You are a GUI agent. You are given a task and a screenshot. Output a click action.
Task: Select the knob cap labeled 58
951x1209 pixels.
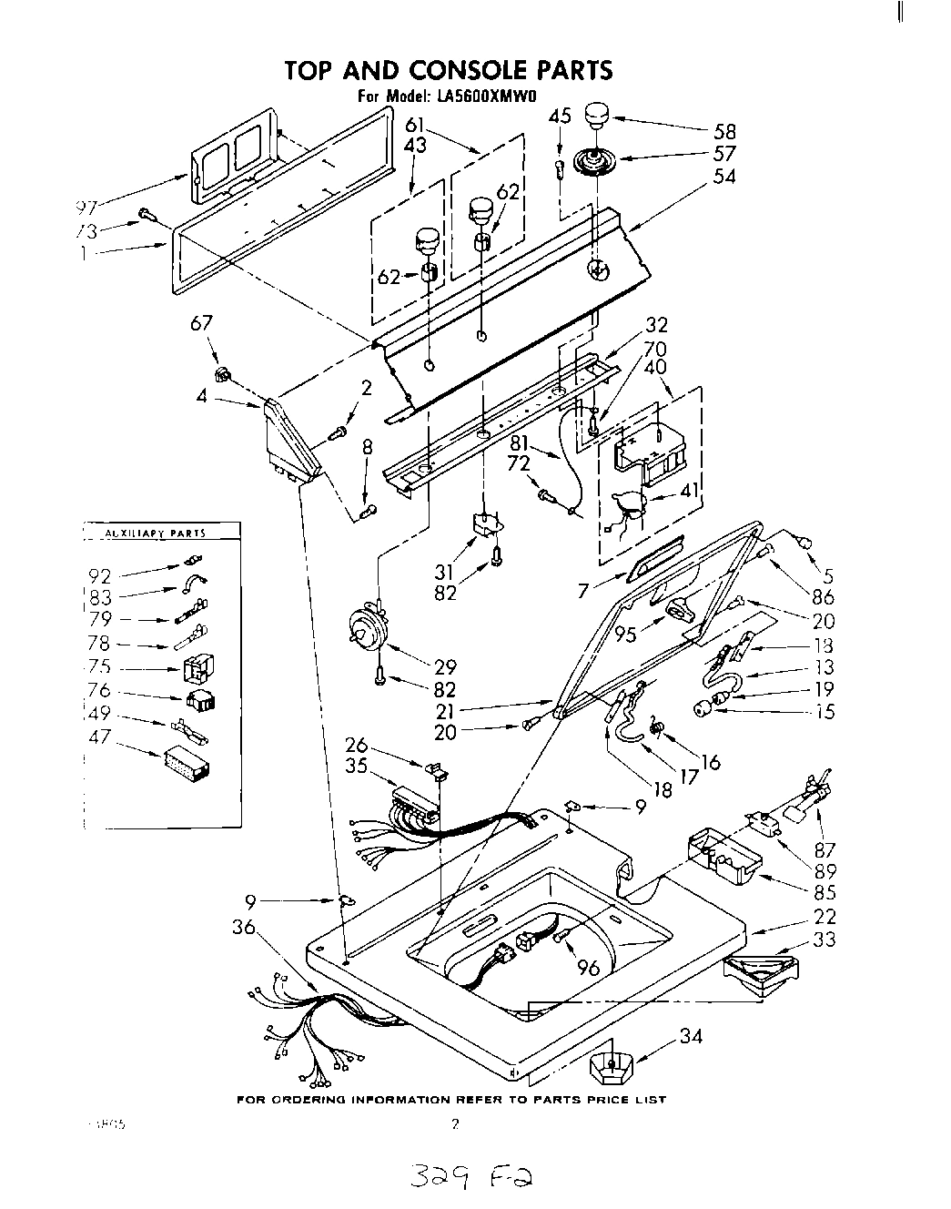click(x=596, y=117)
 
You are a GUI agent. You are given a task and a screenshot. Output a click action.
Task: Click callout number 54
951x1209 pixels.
click(x=725, y=178)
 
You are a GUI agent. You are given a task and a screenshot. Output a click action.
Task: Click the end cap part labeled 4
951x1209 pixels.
click(x=289, y=438)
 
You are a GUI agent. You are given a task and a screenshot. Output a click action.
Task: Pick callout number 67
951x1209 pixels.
click(x=201, y=324)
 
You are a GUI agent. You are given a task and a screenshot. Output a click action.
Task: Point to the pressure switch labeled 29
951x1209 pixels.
click(x=369, y=626)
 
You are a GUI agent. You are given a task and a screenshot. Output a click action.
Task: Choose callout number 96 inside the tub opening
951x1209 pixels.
click(x=589, y=969)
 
